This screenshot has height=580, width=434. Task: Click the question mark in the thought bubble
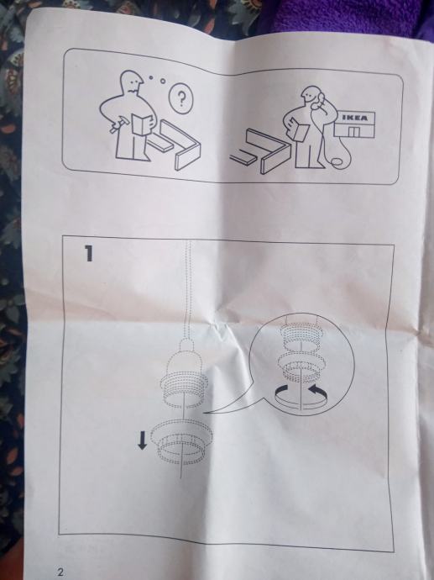[181, 98]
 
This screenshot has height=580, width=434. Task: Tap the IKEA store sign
[355, 118]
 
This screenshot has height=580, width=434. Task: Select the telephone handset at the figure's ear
[319, 100]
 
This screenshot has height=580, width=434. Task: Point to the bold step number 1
[89, 253]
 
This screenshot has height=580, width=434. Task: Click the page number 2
[60, 572]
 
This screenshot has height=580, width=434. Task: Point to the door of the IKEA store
[354, 132]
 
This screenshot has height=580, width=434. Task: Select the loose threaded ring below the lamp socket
[183, 441]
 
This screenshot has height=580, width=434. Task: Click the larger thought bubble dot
[162, 80]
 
